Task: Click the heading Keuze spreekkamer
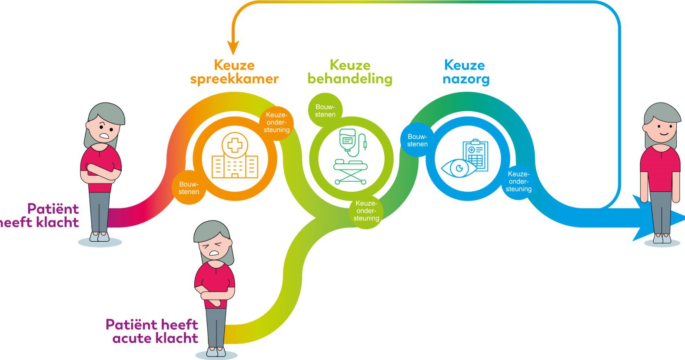[x=234, y=72]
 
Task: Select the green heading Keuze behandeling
[x=350, y=72]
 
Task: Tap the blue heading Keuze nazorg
[x=466, y=72]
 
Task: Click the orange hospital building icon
[x=235, y=155]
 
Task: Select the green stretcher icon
[x=350, y=172]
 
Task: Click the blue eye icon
[x=459, y=168]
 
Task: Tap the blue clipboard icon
[x=476, y=154]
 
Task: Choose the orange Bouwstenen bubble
[x=189, y=187]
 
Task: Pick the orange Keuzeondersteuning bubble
[x=277, y=122]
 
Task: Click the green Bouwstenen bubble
[x=325, y=110]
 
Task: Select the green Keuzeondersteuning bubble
[x=366, y=211]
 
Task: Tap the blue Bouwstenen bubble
[x=417, y=140]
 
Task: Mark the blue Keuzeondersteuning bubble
[x=519, y=182]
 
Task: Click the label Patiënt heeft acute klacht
[x=152, y=331]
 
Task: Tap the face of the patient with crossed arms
[x=103, y=130]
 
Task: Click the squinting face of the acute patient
[x=214, y=248]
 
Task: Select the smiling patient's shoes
[x=662, y=239]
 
